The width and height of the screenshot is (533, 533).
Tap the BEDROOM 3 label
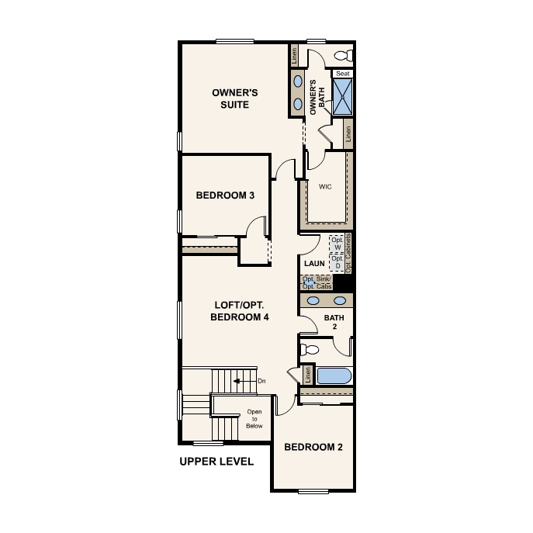point(225,196)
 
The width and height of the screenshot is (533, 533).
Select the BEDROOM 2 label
point(313,447)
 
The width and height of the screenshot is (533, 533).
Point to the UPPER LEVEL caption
point(216,462)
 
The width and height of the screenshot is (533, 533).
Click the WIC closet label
point(325,185)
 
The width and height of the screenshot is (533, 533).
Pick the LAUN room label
point(314,264)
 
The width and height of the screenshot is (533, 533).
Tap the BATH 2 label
point(334,322)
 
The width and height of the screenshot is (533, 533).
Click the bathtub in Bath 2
point(334,376)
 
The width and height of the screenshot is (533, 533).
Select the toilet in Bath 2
point(311,348)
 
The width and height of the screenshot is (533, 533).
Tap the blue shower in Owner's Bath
point(342,97)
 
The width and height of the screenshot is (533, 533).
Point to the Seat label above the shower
point(342,74)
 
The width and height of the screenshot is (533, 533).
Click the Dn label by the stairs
point(261,381)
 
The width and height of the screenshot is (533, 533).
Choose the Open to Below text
point(254,419)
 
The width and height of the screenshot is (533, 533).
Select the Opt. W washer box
point(337,244)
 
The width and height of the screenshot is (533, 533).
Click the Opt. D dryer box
point(337,262)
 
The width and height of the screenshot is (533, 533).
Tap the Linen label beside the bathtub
point(308,376)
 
